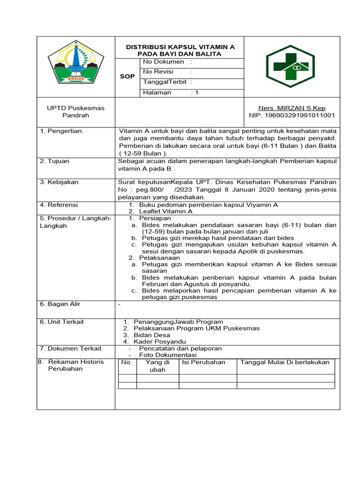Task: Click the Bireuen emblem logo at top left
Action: point(75,63)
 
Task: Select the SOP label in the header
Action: point(127,76)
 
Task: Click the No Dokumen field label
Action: point(164,62)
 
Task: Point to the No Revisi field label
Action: point(158,72)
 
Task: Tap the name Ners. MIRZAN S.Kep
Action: point(292,108)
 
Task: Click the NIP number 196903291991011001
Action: point(292,115)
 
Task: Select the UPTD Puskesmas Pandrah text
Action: point(75,112)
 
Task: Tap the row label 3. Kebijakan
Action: point(59,182)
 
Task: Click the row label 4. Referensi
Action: point(59,205)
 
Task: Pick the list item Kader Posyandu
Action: point(160,342)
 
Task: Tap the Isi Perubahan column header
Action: point(203,362)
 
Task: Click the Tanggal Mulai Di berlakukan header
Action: point(285,362)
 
